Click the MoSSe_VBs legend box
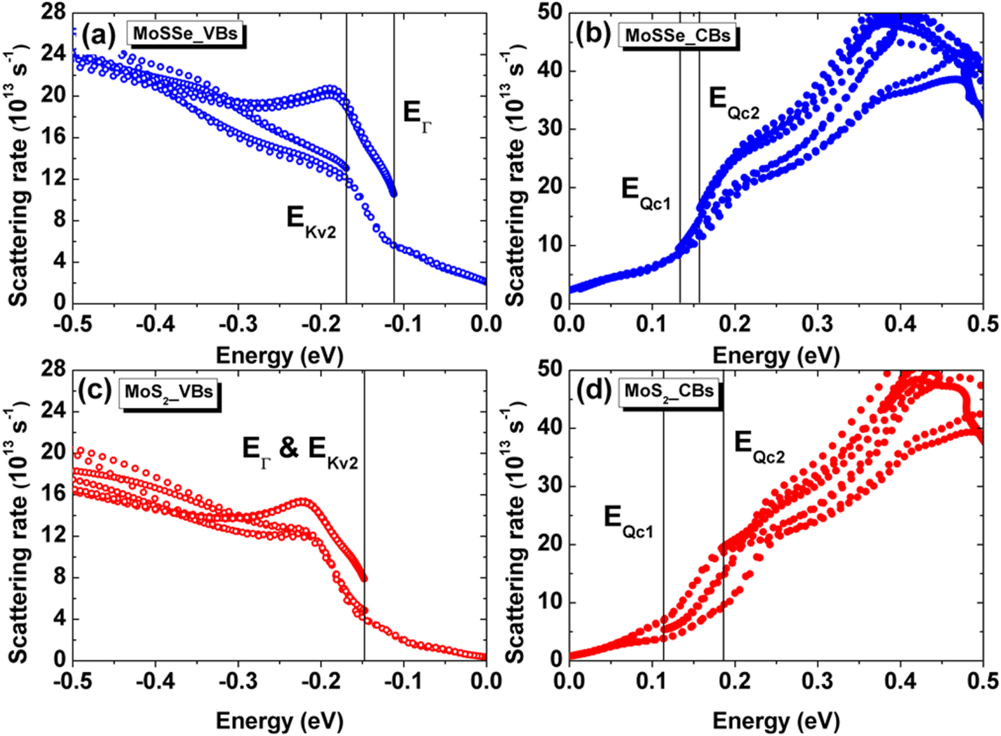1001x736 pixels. pyautogui.click(x=185, y=33)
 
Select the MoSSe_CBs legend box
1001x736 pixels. pyautogui.click(x=677, y=35)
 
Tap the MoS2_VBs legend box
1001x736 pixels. pyautogui.click(x=169, y=392)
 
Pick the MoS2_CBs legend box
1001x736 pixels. pyautogui.click(x=669, y=391)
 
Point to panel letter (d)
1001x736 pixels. pyautogui.click(x=594, y=391)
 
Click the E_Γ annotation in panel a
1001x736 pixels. pyautogui.click(x=417, y=114)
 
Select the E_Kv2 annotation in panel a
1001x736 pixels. pyautogui.click(x=311, y=222)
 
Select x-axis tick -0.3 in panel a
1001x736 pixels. pyautogui.click(x=237, y=324)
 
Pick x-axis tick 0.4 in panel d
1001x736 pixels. pyautogui.click(x=900, y=681)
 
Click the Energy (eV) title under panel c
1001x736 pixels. pyautogui.click(x=279, y=721)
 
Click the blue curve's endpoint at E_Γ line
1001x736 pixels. pyautogui.click(x=394, y=194)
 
